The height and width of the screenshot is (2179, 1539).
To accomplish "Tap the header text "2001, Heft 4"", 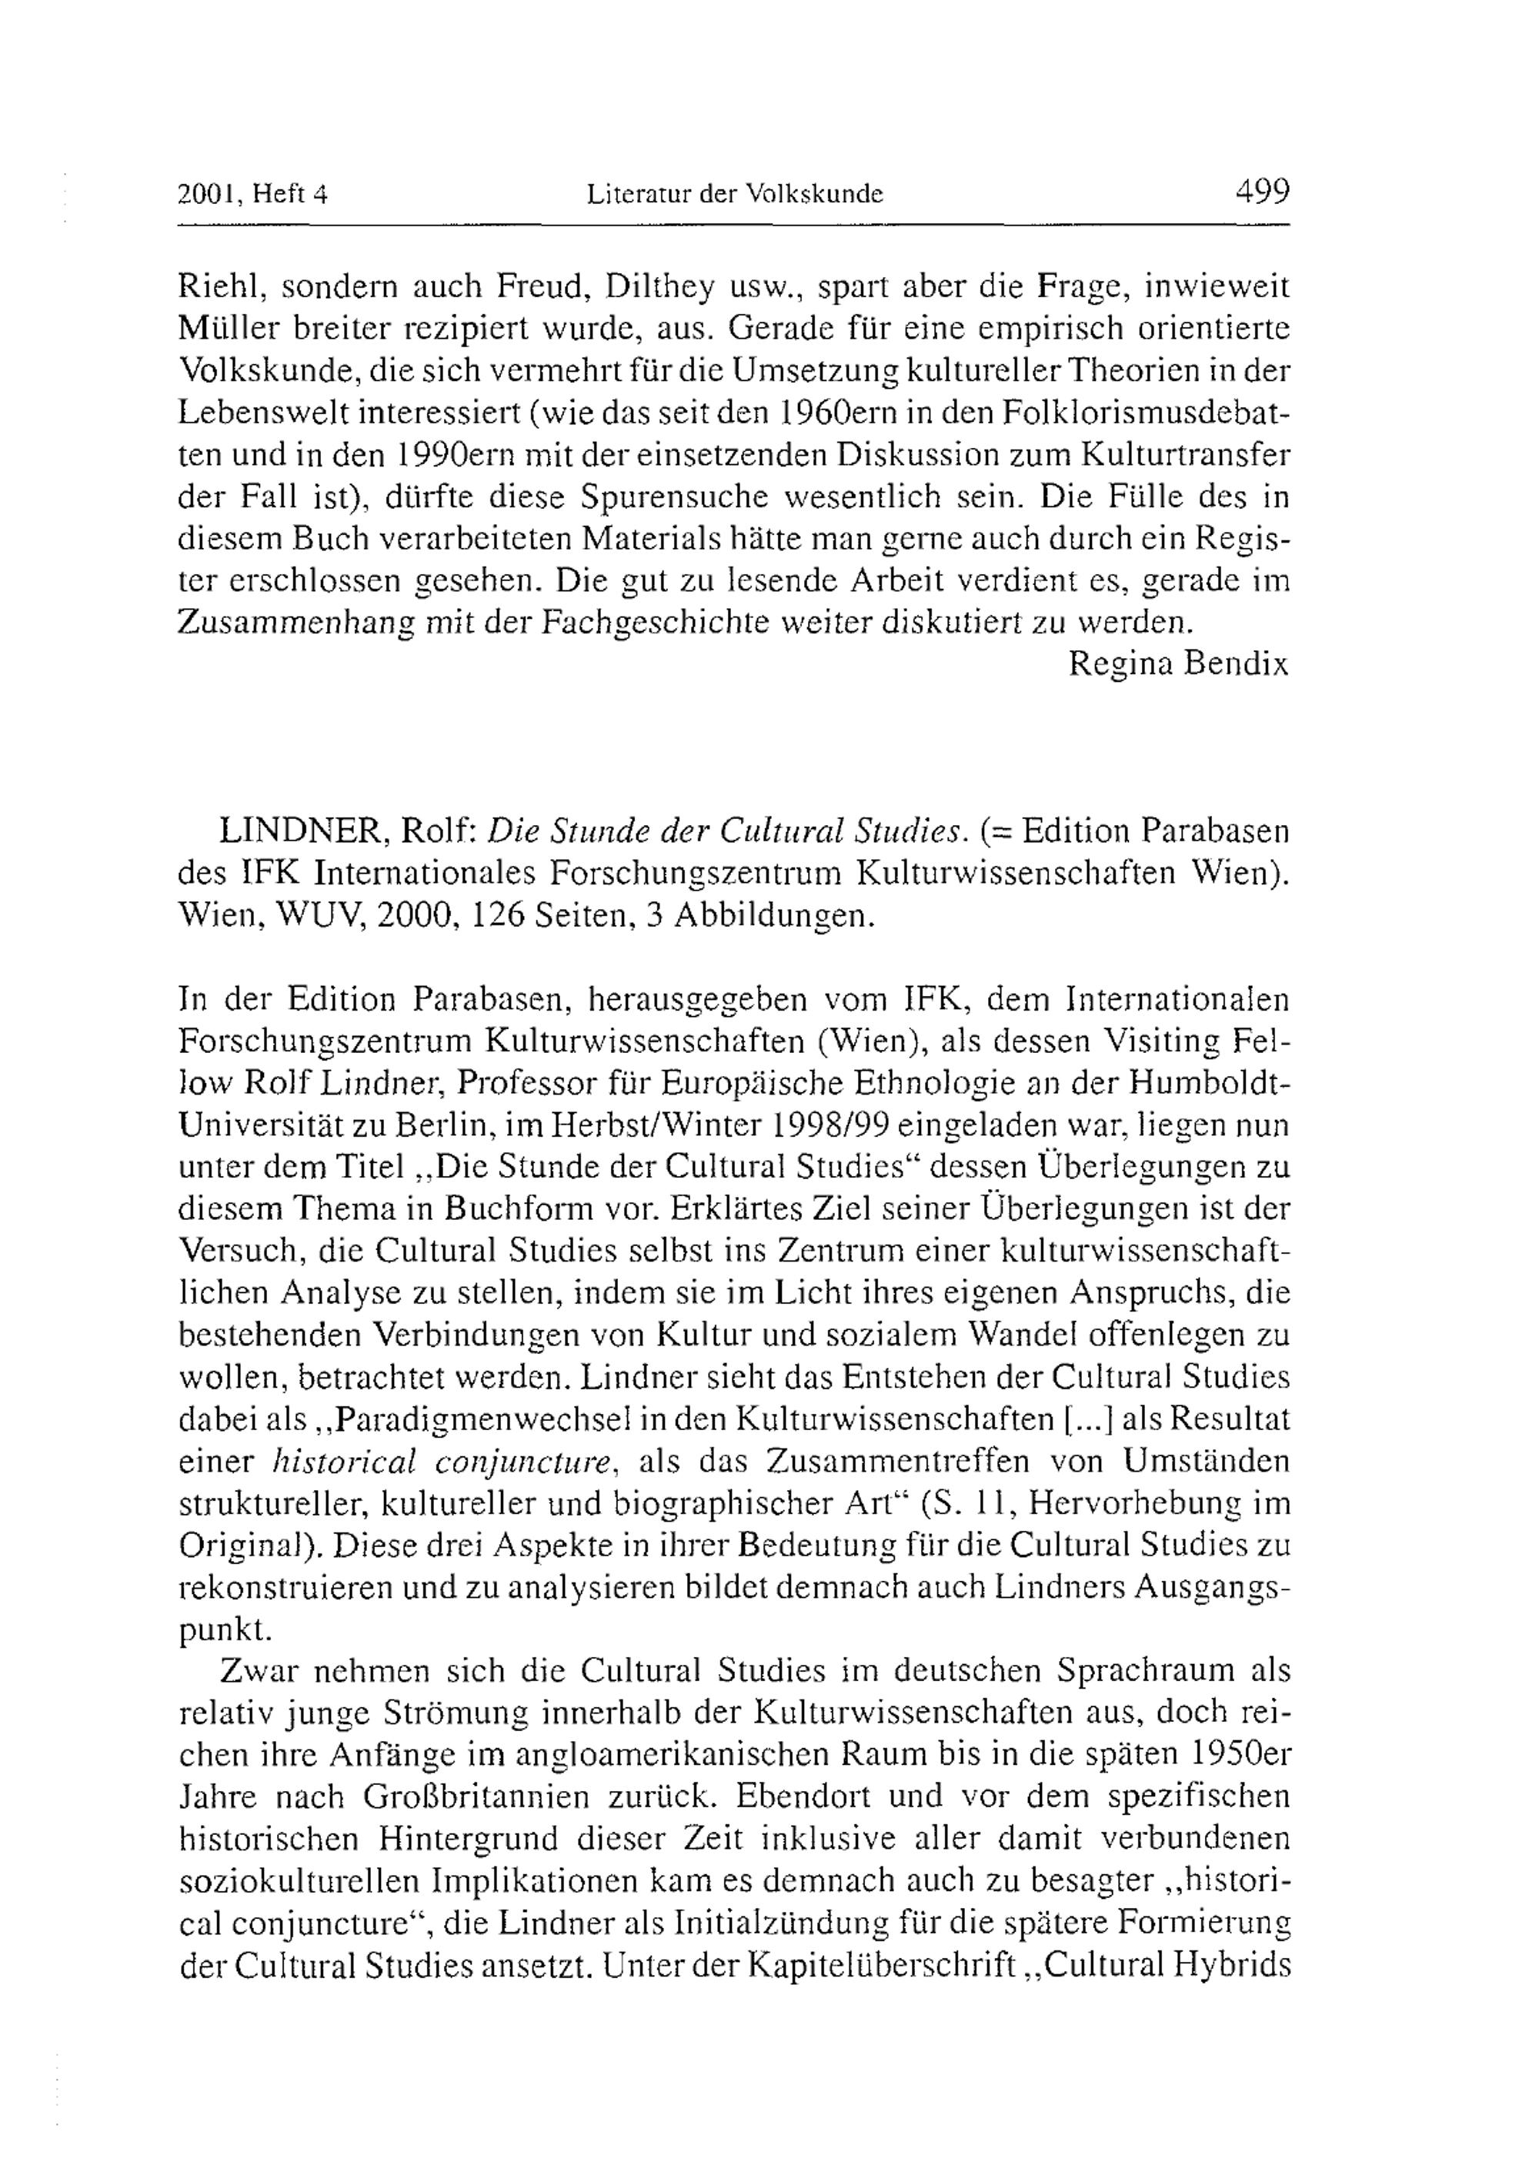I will (x=252, y=196).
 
